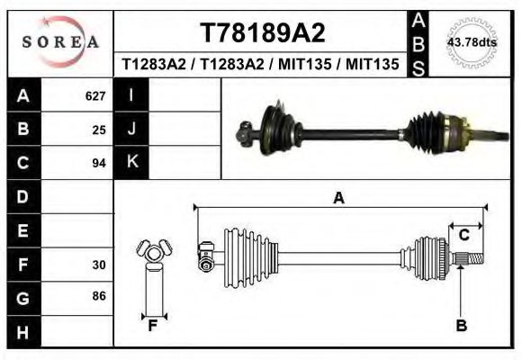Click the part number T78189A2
262,32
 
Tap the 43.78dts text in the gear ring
471,42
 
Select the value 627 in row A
95,95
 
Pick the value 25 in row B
99,129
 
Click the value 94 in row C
99,163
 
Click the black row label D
23,196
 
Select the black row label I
131,95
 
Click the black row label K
131,163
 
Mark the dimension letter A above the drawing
339,198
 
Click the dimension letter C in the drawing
464,236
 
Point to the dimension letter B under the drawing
462,326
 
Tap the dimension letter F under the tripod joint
153,326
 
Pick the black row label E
23,230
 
